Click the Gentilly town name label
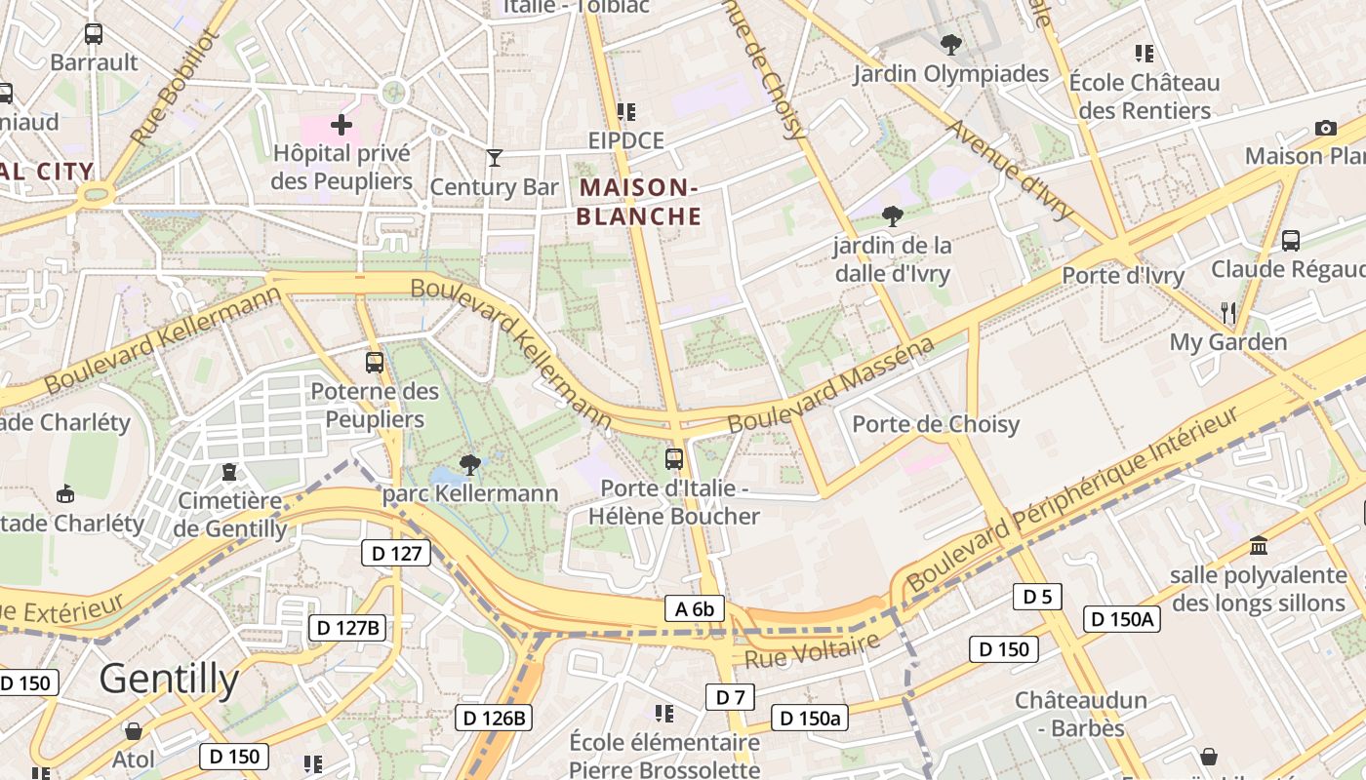point(169,679)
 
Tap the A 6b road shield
point(695,608)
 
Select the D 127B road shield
point(348,627)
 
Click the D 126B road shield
point(494,719)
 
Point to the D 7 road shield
point(730,696)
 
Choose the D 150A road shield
point(1121,618)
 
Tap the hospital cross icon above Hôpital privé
point(341,125)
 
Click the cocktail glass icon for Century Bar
point(495,157)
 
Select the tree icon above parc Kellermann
point(470,464)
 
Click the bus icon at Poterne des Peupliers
point(375,362)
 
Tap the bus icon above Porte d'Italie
point(673,457)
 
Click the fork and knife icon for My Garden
point(1228,312)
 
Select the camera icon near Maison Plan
point(1325,128)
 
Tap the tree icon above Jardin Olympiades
point(950,44)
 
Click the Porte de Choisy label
point(936,424)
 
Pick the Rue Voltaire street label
point(812,650)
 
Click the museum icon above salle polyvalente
point(1258,544)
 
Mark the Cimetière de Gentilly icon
point(229,472)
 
